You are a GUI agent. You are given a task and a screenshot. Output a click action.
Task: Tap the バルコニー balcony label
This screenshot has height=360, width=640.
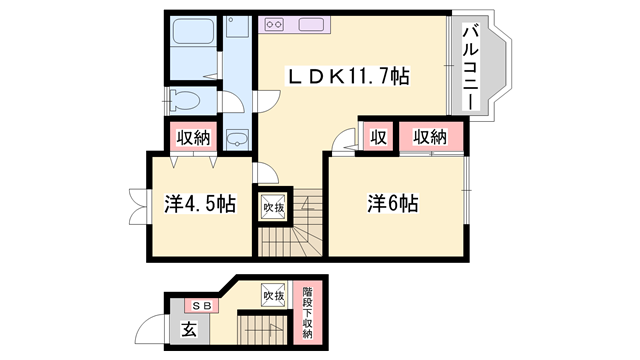click(x=469, y=69)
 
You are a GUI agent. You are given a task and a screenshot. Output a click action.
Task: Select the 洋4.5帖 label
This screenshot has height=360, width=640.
click(x=199, y=204)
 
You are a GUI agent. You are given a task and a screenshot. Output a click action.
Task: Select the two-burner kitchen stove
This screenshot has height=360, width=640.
click(x=275, y=24)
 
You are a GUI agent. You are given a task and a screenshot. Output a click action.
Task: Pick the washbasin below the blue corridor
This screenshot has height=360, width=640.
click(x=237, y=138)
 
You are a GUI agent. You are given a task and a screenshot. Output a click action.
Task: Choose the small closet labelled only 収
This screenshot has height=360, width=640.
click(x=378, y=137)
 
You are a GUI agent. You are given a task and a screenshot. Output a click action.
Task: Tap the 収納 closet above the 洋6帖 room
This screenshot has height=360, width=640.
click(x=431, y=137)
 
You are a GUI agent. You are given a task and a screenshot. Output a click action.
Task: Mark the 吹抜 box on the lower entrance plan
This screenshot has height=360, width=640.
click(x=273, y=296)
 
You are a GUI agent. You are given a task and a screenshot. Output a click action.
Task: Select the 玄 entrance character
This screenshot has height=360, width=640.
click(x=188, y=329)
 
